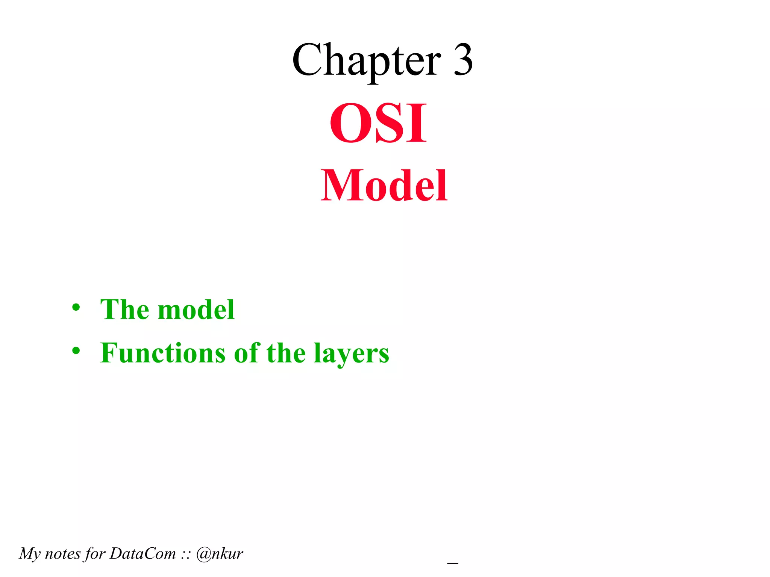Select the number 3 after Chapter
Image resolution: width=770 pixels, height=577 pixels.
click(x=463, y=60)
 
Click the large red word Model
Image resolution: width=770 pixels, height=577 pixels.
click(x=384, y=186)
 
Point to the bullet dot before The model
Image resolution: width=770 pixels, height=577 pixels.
click(x=76, y=307)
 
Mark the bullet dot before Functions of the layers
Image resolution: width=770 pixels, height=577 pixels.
click(x=76, y=351)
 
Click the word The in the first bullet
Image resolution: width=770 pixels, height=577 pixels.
click(x=124, y=310)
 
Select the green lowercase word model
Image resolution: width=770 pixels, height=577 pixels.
click(x=196, y=310)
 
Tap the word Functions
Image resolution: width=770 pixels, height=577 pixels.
click(x=163, y=353)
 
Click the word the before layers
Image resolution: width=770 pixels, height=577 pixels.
click(x=286, y=353)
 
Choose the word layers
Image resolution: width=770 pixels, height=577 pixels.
click(x=352, y=355)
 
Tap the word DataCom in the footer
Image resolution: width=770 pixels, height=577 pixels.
click(x=143, y=554)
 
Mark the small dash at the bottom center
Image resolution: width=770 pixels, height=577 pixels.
click(x=453, y=563)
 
